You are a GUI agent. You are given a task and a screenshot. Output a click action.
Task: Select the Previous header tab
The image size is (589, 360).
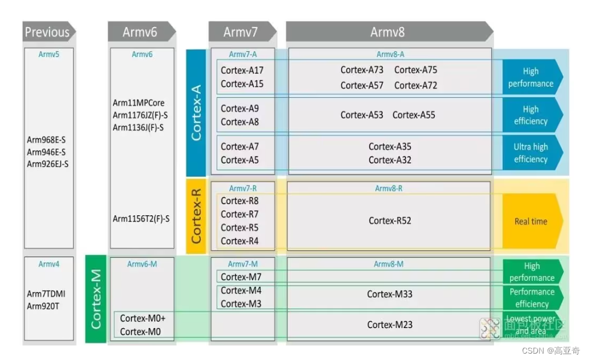[x=48, y=32]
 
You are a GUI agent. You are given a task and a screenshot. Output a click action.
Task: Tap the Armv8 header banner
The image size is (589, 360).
[x=388, y=32]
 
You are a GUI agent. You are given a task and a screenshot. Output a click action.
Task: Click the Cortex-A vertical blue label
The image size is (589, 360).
[x=196, y=112]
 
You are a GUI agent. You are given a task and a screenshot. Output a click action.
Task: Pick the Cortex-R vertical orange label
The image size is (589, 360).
[x=196, y=216]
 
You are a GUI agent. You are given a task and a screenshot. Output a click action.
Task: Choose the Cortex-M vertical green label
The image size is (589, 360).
[x=96, y=298]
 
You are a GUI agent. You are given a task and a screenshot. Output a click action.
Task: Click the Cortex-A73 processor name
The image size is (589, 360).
[x=362, y=70]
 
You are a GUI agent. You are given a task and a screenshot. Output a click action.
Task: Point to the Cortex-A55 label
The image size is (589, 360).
[x=414, y=115]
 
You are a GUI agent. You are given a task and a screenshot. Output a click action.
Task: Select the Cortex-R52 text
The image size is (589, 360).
[x=390, y=220]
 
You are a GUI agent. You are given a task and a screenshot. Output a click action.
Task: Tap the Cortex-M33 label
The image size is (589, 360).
[x=390, y=294]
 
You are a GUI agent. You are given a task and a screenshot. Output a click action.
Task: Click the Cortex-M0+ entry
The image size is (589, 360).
[x=143, y=318]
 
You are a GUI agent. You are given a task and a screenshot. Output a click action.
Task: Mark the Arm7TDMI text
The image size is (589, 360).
[x=47, y=294]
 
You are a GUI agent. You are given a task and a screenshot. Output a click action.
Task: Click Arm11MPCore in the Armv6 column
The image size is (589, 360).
[x=139, y=103]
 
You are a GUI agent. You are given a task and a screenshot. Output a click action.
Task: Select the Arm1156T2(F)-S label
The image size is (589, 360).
[x=141, y=219]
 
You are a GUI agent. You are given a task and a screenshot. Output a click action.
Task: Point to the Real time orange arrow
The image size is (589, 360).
[x=531, y=221]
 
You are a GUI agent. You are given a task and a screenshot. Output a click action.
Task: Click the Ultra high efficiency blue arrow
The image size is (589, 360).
[x=531, y=153]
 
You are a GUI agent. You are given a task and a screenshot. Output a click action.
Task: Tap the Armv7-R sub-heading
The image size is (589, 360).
[x=243, y=188]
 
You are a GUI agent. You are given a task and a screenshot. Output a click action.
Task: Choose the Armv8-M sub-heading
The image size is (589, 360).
[x=389, y=264]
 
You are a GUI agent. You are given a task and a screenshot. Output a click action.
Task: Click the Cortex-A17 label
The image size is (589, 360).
[x=242, y=70]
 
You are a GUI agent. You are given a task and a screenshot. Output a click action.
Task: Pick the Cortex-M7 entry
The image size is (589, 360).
[x=241, y=277]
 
